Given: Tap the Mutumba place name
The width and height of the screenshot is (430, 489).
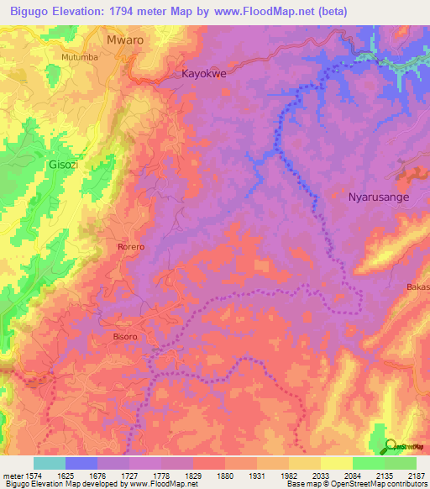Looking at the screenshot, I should (x=80, y=57).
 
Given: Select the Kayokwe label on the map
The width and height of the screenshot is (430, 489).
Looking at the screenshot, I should (x=205, y=74).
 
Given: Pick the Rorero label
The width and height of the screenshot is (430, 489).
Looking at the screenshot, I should (x=130, y=247).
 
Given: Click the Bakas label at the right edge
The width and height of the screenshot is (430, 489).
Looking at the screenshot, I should (x=417, y=287).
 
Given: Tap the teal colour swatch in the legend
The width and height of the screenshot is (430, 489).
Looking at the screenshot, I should (x=50, y=463).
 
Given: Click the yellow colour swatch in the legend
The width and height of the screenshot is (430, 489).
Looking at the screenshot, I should (x=336, y=463).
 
